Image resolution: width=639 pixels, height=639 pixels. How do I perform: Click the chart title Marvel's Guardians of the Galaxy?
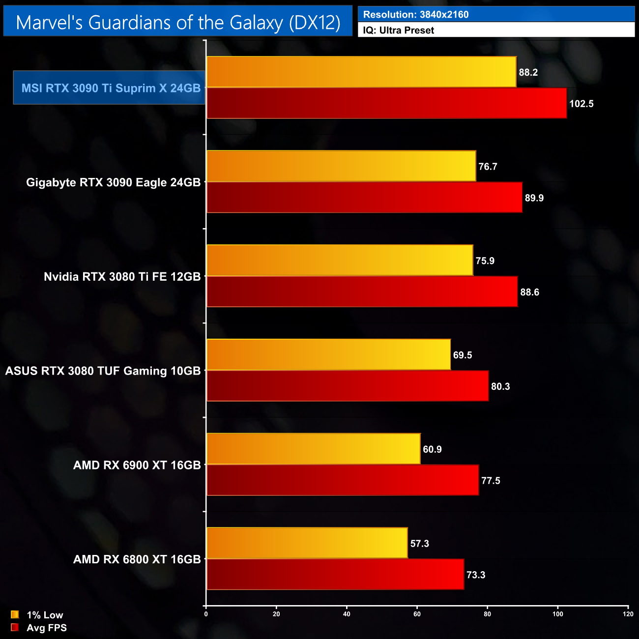click(x=178, y=23)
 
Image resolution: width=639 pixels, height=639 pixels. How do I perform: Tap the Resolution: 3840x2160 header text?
click(x=416, y=15)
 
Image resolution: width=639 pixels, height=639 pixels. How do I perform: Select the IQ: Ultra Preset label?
click(x=398, y=30)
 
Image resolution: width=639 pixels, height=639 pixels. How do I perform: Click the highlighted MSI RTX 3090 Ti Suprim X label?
click(x=111, y=88)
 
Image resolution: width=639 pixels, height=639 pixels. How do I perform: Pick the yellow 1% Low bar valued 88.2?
click(x=361, y=72)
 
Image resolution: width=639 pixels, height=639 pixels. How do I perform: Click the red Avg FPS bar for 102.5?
click(x=386, y=103)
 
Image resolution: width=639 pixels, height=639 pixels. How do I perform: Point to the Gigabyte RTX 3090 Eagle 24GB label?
click(x=113, y=182)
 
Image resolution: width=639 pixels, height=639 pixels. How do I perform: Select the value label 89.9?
click(x=534, y=198)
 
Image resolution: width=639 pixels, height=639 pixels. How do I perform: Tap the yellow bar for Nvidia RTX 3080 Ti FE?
click(x=340, y=261)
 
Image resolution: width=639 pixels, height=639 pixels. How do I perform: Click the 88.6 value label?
click(x=530, y=292)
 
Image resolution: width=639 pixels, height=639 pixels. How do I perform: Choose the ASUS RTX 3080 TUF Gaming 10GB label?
click(x=103, y=371)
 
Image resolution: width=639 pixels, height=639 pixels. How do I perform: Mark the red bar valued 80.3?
click(x=348, y=386)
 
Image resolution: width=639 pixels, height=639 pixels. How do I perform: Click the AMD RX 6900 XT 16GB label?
click(x=137, y=465)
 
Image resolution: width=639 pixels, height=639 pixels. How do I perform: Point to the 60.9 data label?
click(x=433, y=449)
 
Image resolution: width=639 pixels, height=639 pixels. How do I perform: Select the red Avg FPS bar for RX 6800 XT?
click(x=335, y=574)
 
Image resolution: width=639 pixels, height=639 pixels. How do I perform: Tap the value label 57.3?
click(x=420, y=544)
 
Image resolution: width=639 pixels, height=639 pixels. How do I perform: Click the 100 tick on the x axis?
click(x=558, y=614)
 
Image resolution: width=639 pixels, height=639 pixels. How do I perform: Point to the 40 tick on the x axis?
click(x=347, y=614)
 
